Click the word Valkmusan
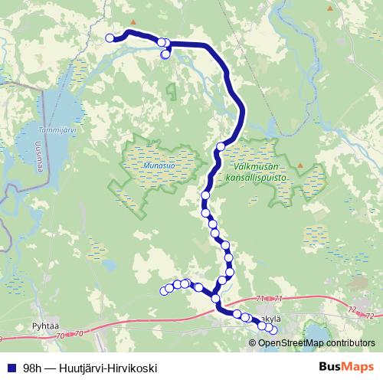(x=251, y=167)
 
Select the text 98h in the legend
(x=33, y=368)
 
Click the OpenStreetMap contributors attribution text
(x=316, y=342)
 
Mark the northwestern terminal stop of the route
(x=110, y=38)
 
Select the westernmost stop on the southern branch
(x=163, y=290)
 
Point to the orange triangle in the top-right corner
(x=331, y=8)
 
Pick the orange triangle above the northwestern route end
(x=133, y=21)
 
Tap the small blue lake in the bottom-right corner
(x=318, y=331)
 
